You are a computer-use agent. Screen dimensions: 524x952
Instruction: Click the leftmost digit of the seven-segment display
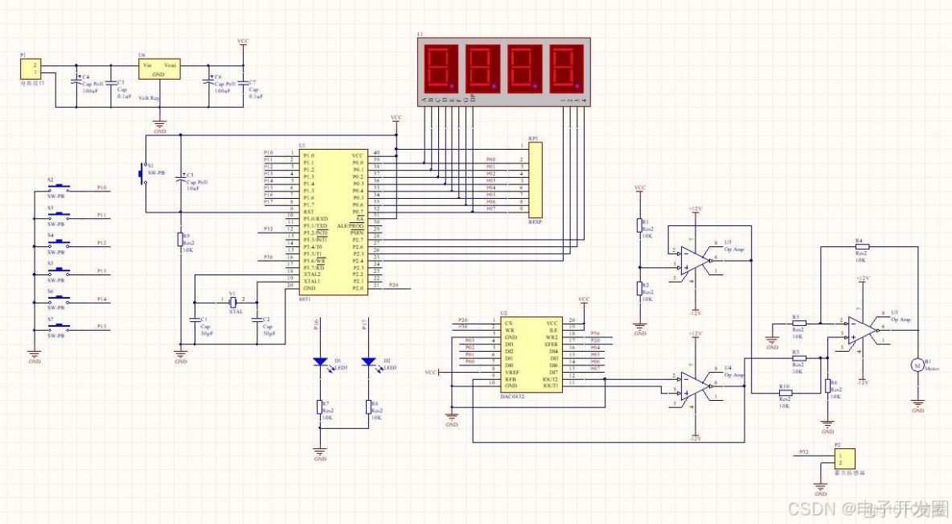440,67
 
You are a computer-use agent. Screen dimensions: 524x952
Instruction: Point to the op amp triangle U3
694,258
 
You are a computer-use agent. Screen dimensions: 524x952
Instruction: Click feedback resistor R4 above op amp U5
862,246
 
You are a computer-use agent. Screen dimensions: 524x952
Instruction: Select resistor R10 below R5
786,392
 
